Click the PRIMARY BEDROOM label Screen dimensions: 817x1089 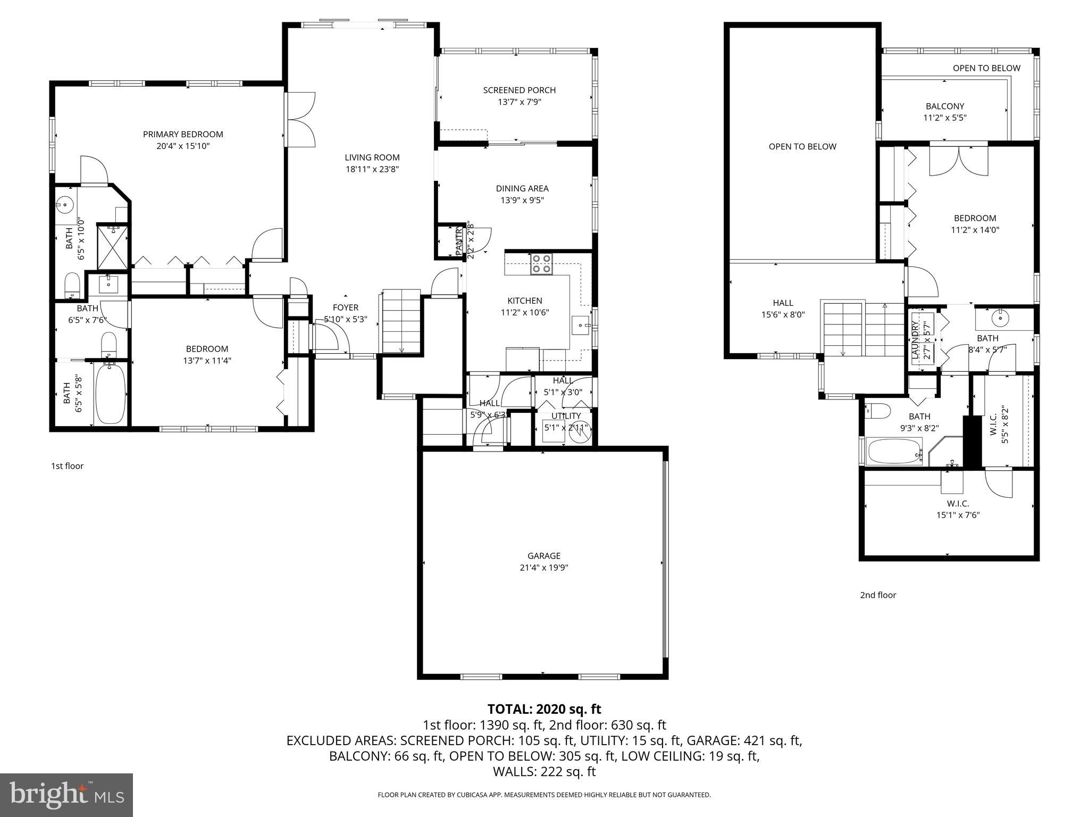pyautogui.click(x=183, y=134)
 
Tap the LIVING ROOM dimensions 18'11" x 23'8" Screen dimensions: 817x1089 pyautogui.click(x=372, y=170)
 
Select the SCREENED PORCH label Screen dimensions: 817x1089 pyautogui.click(x=519, y=90)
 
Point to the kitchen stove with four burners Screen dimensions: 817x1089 pyautogui.click(x=541, y=264)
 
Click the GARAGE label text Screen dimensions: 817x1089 pyautogui.click(x=544, y=556)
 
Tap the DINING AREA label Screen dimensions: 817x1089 pyautogui.click(x=522, y=188)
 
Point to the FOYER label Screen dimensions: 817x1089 pyautogui.click(x=346, y=307)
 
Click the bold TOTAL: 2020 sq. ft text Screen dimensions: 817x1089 pyautogui.click(x=544, y=709)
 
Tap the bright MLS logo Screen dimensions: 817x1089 pyautogui.click(x=66, y=795)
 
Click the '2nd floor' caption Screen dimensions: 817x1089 pyautogui.click(x=878, y=595)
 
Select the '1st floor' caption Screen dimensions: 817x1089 pyautogui.click(x=67, y=466)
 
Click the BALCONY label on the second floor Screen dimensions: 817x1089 pyautogui.click(x=944, y=106)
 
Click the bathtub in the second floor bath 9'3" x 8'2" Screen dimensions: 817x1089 pyautogui.click(x=893, y=452)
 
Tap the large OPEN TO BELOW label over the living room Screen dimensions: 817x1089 pyautogui.click(x=802, y=147)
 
